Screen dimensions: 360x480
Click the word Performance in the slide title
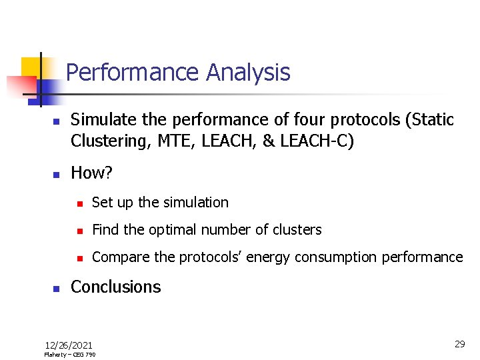point(134,72)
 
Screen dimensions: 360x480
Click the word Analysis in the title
point(249,72)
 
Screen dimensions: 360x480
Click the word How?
point(92,173)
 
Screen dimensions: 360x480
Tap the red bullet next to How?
point(57,175)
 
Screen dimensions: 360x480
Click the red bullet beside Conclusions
point(57,289)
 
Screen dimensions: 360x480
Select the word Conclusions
point(116,287)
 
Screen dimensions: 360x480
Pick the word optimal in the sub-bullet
point(172,230)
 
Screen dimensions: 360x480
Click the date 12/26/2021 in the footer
point(69,345)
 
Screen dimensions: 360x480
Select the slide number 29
point(459,344)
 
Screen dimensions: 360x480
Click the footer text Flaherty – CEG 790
point(69,355)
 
